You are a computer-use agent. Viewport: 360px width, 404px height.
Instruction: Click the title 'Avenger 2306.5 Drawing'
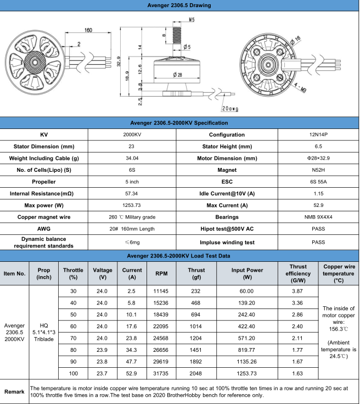[180, 5]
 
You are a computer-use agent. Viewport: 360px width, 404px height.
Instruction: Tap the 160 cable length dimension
[88, 30]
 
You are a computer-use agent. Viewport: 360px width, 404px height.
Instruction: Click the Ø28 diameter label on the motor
[178, 74]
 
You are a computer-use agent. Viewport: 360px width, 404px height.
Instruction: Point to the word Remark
[14, 391]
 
